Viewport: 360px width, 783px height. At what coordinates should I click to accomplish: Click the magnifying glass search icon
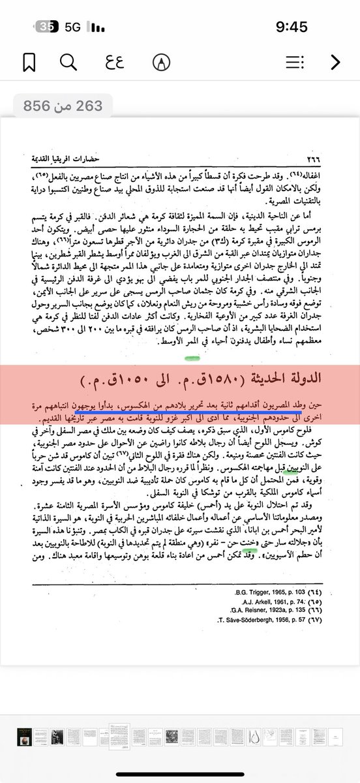[x=67, y=62]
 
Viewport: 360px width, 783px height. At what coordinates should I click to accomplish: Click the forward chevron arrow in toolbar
[x=335, y=62]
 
